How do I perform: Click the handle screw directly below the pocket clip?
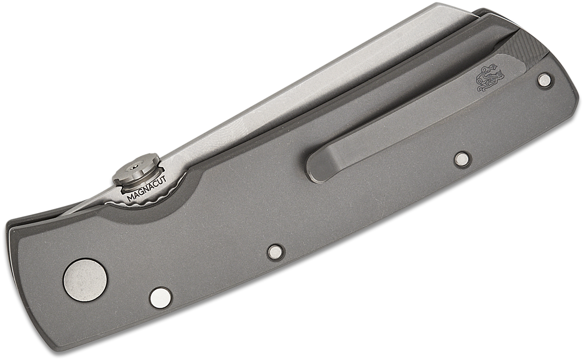461,158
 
